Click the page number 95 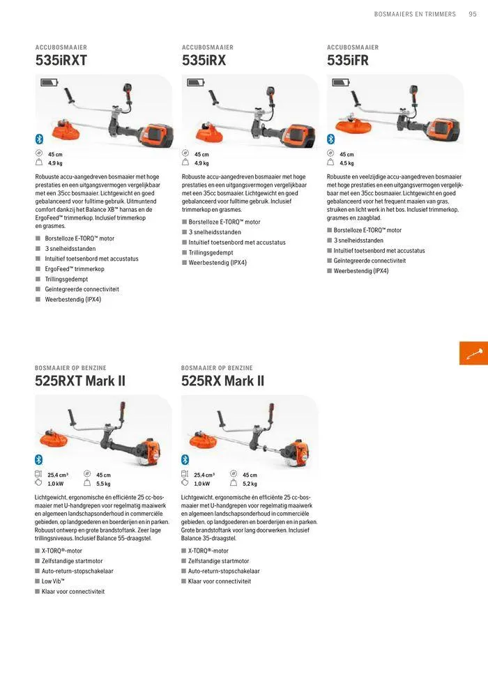473,14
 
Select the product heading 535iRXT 61,61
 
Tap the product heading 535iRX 204,61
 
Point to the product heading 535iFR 348,61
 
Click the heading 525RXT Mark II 80,381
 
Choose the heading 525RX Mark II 222,381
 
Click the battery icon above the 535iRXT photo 49,82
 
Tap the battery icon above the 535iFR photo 341,82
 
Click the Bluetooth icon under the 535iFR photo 331,139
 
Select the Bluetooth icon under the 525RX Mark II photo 185,459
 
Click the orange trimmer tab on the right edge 474,353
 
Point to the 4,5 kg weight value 346,163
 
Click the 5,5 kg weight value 103,484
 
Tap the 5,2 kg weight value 250,484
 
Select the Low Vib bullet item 53,581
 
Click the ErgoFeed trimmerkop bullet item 74,269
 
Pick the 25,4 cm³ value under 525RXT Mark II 58,475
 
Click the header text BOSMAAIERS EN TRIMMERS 415,14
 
